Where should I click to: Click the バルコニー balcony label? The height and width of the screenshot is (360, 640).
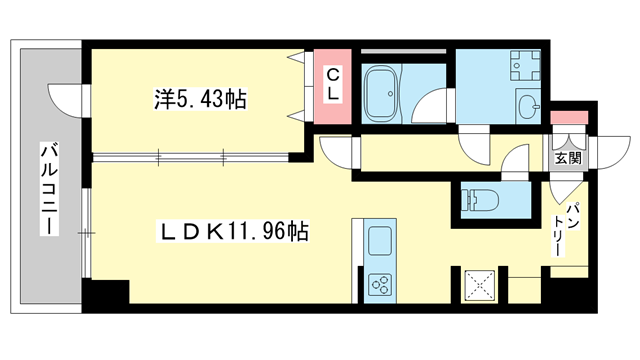46,190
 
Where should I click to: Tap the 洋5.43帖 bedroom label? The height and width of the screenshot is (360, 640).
200,101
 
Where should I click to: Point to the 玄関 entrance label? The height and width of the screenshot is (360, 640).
567,158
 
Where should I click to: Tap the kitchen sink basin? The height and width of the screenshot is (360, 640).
381,241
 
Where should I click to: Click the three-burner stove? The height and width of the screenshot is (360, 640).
381,284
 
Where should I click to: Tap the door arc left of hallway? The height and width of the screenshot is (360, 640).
337,153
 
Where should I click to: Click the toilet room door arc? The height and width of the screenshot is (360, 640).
514,164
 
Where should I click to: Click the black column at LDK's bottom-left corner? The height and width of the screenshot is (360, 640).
108,295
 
